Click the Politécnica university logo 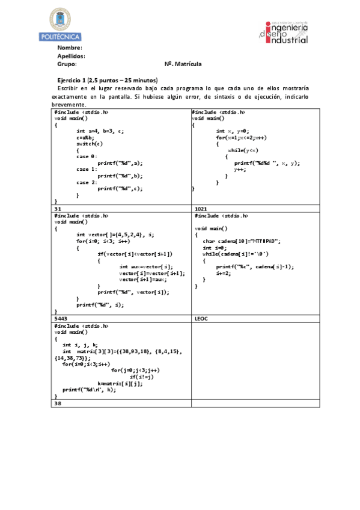[x=59, y=24]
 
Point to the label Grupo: [x=67, y=64]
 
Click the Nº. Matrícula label [x=183, y=64]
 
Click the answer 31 [x=58, y=208]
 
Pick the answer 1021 [x=201, y=208]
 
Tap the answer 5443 [x=61, y=318]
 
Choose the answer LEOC [x=201, y=318]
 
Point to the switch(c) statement [x=90, y=143]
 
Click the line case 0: [x=87, y=156]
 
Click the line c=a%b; [x=87, y=137]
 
